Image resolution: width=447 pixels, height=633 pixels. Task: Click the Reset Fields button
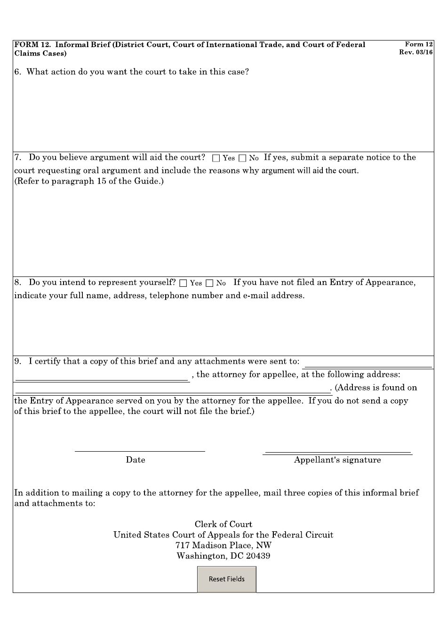tap(226, 579)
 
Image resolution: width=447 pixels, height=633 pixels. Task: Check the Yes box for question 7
tap(216, 158)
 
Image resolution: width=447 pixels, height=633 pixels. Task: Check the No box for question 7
tap(242, 158)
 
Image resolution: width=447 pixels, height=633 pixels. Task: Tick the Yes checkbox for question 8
tap(184, 283)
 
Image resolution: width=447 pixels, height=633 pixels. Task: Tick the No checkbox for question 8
tap(210, 283)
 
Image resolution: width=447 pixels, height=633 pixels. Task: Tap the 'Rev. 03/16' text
tap(415, 52)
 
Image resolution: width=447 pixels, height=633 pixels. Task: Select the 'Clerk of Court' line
tap(223, 524)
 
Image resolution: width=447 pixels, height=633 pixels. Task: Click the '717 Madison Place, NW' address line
tap(223, 545)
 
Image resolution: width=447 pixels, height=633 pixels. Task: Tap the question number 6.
tap(17, 72)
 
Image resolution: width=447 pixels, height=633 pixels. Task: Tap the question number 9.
tap(17, 361)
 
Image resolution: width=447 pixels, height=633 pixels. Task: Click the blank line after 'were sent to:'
tap(368, 365)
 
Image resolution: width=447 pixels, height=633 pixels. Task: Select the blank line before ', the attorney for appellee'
tap(102, 378)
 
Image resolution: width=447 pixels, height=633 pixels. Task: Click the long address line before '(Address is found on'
tap(173, 390)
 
